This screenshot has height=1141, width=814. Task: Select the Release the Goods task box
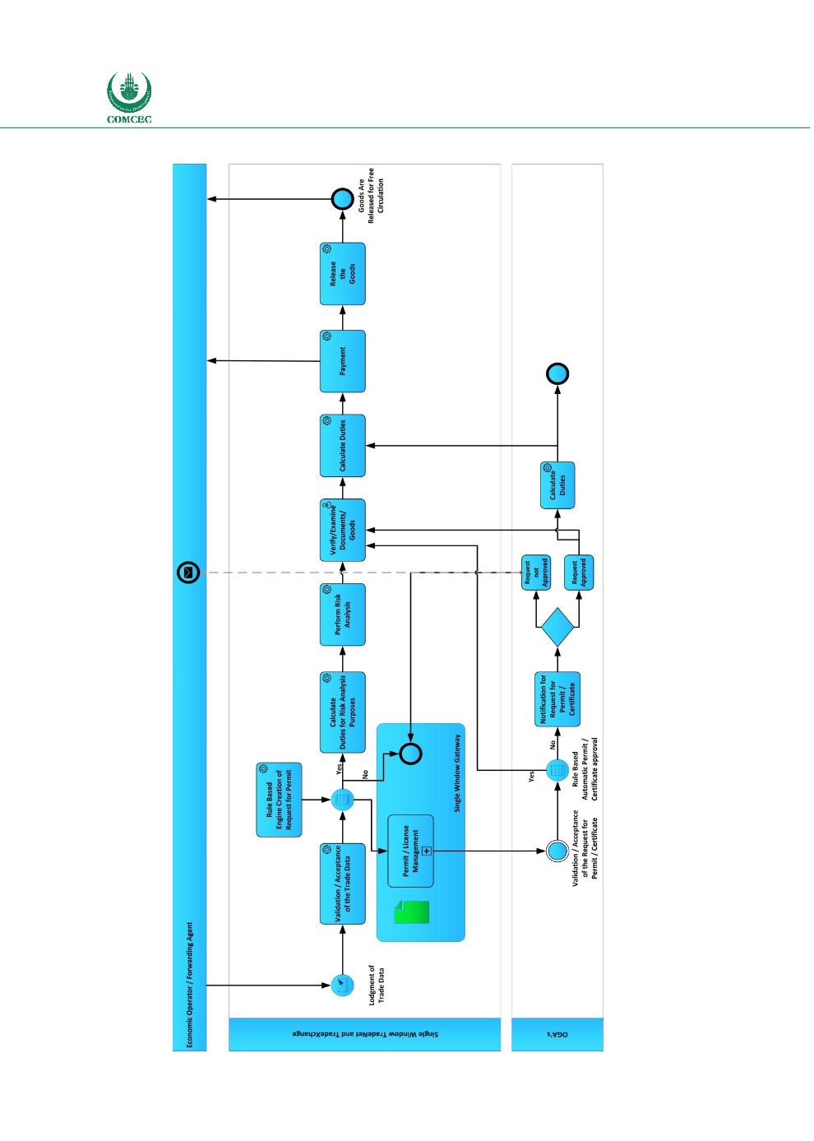342,274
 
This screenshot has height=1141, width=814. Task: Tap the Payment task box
342,360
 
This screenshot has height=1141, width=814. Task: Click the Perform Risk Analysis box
342,614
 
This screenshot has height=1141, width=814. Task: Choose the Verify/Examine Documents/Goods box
342,530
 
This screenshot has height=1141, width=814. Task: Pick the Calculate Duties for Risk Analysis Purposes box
342,712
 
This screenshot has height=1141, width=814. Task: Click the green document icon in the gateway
412,912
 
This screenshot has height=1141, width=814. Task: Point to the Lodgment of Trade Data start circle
342,985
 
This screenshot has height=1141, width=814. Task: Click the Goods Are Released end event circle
342,199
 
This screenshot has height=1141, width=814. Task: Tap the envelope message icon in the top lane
189,573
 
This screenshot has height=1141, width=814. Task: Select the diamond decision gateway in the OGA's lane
557,627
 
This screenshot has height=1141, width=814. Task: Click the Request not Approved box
535,573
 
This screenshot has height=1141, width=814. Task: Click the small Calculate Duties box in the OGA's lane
557,485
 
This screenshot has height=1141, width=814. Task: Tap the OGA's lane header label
557,1034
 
